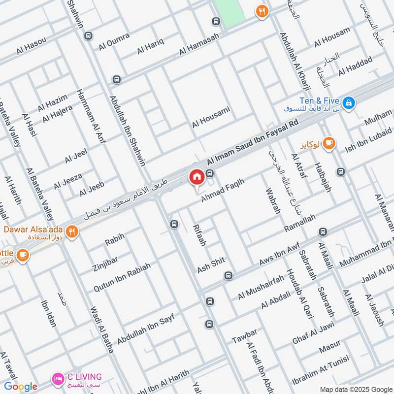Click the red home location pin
197,177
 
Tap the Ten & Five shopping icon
349,102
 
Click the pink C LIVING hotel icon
58,379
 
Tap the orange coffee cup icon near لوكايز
329,143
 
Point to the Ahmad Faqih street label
222,191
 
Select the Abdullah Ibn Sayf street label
146,326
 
